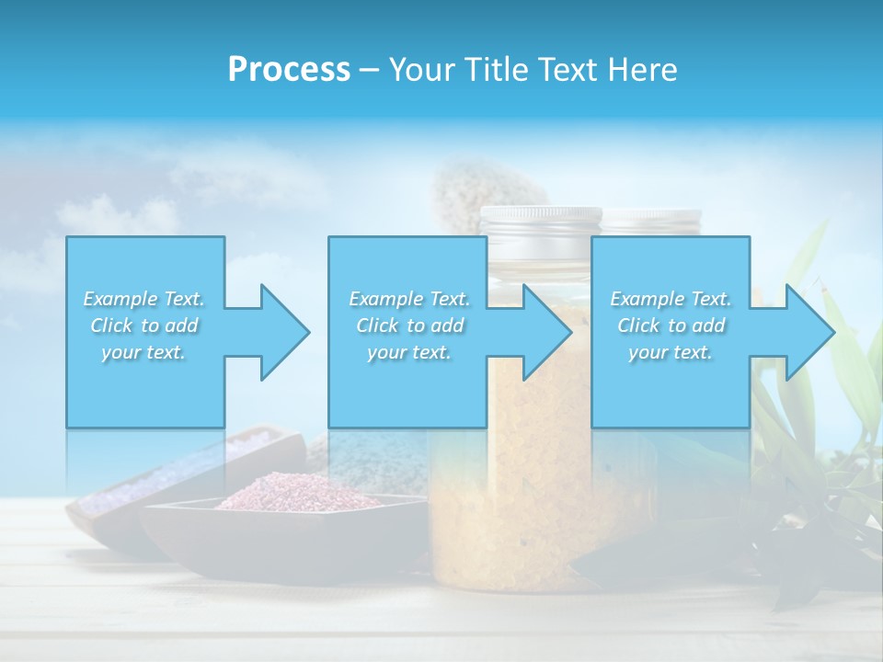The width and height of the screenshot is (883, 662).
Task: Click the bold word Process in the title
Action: (x=289, y=69)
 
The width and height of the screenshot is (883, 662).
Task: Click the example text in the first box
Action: (x=144, y=325)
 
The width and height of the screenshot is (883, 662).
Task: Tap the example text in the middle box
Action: (x=408, y=325)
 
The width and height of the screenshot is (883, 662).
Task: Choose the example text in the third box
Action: (x=671, y=325)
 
